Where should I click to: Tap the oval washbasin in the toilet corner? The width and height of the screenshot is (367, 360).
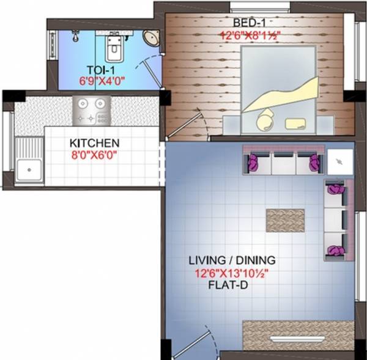pyautogui.click(x=150, y=38)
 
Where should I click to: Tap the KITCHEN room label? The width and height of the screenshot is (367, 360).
pyautogui.click(x=94, y=143)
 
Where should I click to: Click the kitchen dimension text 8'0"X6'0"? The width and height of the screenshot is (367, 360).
pyautogui.click(x=94, y=155)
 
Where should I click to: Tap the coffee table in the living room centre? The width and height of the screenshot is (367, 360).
pyautogui.click(x=285, y=219)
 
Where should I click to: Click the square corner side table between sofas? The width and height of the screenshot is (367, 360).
pyautogui.click(x=339, y=161)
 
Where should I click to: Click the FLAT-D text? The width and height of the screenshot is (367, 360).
pyautogui.click(x=232, y=284)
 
